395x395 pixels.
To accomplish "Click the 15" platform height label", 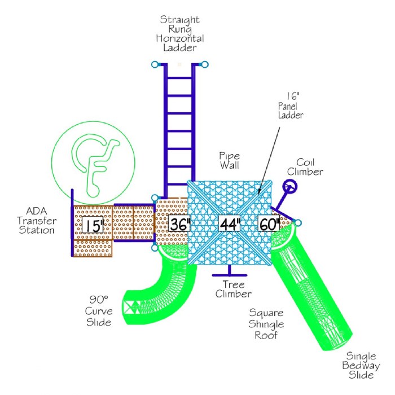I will tap(94, 225).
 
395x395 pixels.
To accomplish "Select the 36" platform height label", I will tap(180, 224).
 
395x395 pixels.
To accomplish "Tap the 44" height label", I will tap(230, 224).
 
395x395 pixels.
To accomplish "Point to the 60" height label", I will tap(269, 224).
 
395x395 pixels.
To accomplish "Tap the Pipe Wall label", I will tap(230, 159).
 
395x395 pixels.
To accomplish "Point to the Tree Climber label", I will tap(236, 289).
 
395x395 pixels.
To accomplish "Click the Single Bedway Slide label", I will tap(361, 365).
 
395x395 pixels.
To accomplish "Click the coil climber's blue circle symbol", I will tap(290, 186).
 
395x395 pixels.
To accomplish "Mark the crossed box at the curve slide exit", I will tap(133, 307).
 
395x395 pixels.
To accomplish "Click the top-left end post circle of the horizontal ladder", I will tap(155, 64).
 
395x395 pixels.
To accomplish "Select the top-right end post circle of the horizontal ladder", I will tap(205, 64).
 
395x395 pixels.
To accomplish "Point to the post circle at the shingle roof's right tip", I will tap(298, 222).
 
